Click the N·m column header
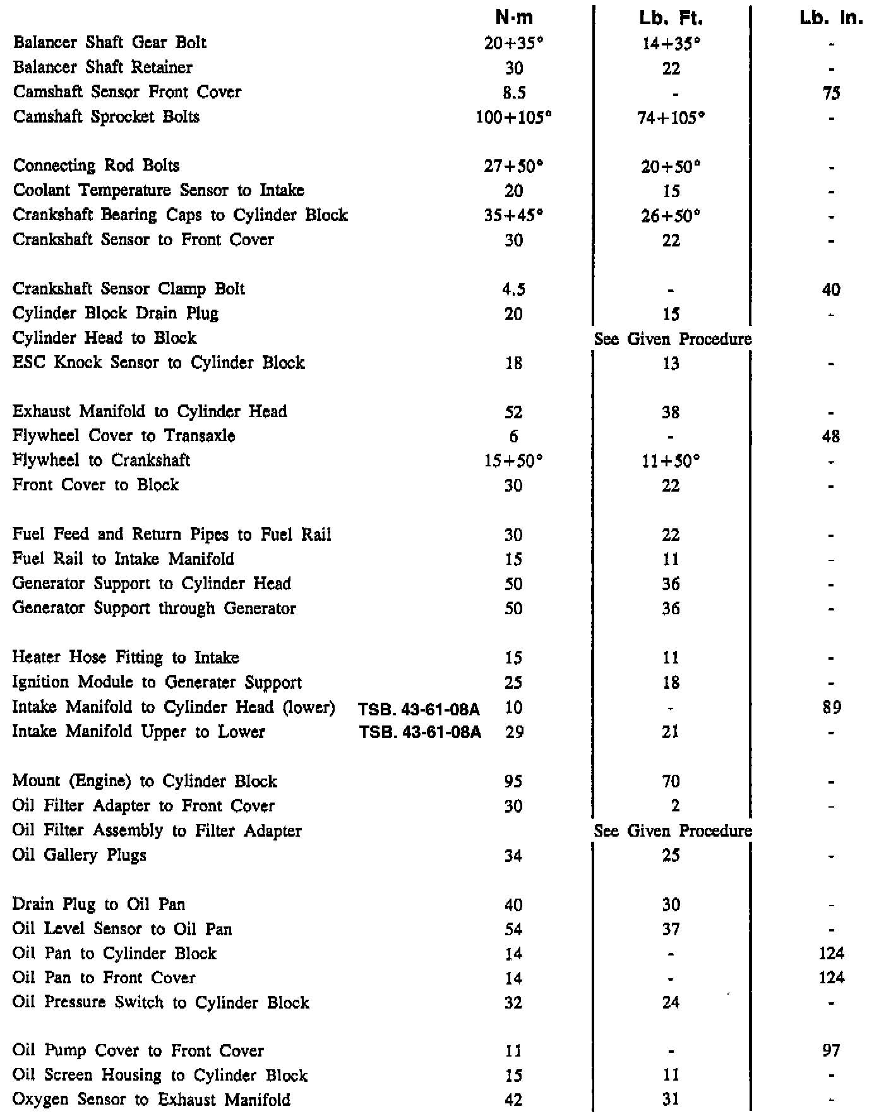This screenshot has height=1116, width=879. [514, 18]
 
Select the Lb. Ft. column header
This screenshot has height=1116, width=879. [671, 18]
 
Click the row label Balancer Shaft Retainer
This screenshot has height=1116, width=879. [103, 68]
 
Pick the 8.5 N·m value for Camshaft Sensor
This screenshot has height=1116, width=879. [514, 93]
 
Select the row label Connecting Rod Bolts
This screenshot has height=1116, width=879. [96, 166]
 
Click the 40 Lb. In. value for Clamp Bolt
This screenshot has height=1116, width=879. [831, 289]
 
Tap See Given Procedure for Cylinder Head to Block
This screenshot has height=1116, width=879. [673, 339]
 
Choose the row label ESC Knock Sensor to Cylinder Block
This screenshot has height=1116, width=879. [158, 363]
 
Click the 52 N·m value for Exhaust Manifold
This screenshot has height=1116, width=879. [514, 413]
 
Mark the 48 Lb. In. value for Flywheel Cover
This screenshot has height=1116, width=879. [831, 437]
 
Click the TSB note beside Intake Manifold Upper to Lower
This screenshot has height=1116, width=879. [420, 732]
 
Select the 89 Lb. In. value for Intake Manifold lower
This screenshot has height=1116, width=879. [832, 708]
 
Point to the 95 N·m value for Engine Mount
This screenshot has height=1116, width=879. [514, 782]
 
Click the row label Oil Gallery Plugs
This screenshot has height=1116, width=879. [80, 856]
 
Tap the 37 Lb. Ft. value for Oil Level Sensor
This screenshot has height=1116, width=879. [671, 930]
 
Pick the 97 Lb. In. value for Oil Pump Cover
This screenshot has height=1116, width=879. [831, 1051]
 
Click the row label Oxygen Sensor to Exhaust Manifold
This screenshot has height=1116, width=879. [152, 1100]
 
